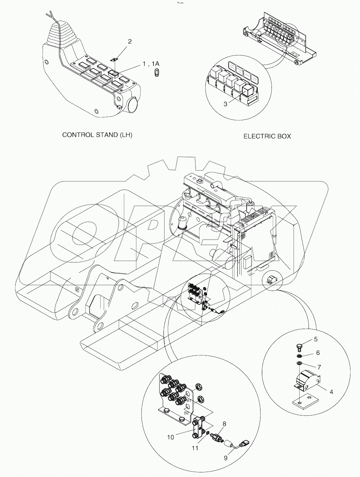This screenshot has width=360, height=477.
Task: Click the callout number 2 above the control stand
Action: pos(130,41)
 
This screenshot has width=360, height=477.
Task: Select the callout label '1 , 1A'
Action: pos(151,64)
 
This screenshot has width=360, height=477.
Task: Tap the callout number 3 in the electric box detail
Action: pos(225,104)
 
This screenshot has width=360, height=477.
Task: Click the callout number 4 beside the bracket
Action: pos(331,392)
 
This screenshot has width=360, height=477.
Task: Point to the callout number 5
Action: pos(315,339)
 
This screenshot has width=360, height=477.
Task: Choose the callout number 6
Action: pos(318,353)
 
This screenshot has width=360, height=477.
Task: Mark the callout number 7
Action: pos(319,366)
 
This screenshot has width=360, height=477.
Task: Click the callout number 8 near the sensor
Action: pos(224,424)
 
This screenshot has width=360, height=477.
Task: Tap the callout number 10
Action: pos(171,437)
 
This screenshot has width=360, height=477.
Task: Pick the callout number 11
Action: pos(195,448)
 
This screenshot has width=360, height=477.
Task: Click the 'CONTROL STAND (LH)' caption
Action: pos(97,135)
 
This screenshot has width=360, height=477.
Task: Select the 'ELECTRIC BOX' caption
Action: pos(267,136)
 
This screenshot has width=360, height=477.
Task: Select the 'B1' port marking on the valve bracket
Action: pos(189,401)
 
